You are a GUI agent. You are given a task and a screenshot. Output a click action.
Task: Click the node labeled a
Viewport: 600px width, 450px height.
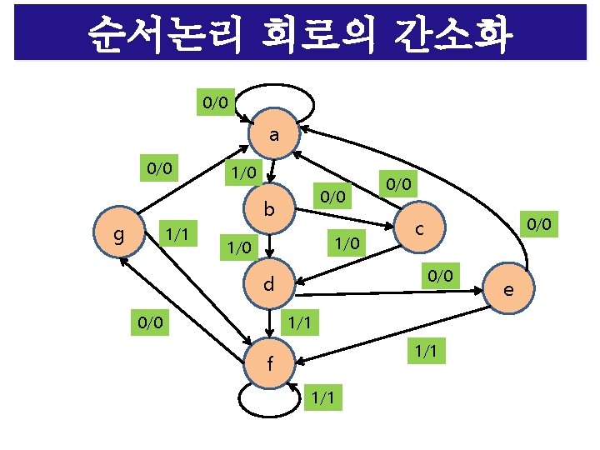pyautogui.click(x=273, y=135)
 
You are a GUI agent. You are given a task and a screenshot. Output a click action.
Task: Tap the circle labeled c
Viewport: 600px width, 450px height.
pyautogui.click(x=421, y=227)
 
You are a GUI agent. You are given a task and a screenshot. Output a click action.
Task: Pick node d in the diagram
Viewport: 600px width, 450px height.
pyautogui.click(x=269, y=284)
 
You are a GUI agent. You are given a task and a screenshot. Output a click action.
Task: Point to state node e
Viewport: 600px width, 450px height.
pyautogui.click(x=508, y=289)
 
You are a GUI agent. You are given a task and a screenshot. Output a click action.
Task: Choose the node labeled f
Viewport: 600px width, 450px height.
pyautogui.click(x=269, y=363)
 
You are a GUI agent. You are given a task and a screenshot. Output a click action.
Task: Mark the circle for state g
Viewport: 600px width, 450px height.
pyautogui.click(x=119, y=235)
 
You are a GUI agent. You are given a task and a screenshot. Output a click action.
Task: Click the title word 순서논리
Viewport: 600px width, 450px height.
pyautogui.click(x=160, y=36)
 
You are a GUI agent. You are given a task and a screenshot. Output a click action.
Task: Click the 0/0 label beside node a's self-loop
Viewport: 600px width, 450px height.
pyautogui.click(x=214, y=103)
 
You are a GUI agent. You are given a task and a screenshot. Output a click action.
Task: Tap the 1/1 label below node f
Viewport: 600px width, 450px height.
pyautogui.click(x=325, y=398)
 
